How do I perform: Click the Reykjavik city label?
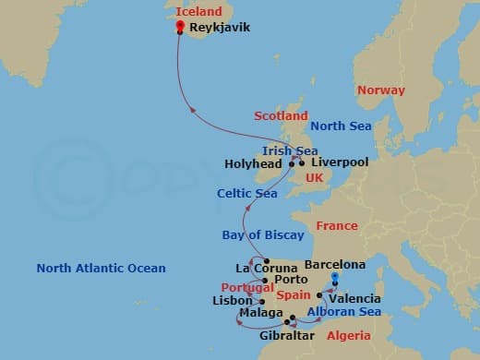(x=219, y=29)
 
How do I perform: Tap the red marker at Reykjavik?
(x=179, y=27)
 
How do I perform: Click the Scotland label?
(x=281, y=116)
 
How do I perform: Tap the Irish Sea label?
(x=290, y=150)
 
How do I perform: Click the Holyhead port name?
(x=254, y=164)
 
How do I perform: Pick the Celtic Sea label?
(x=246, y=193)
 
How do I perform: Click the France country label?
(x=336, y=226)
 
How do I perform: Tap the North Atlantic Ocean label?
(x=102, y=269)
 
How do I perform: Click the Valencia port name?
(x=355, y=298)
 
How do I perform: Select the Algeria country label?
(x=350, y=335)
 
